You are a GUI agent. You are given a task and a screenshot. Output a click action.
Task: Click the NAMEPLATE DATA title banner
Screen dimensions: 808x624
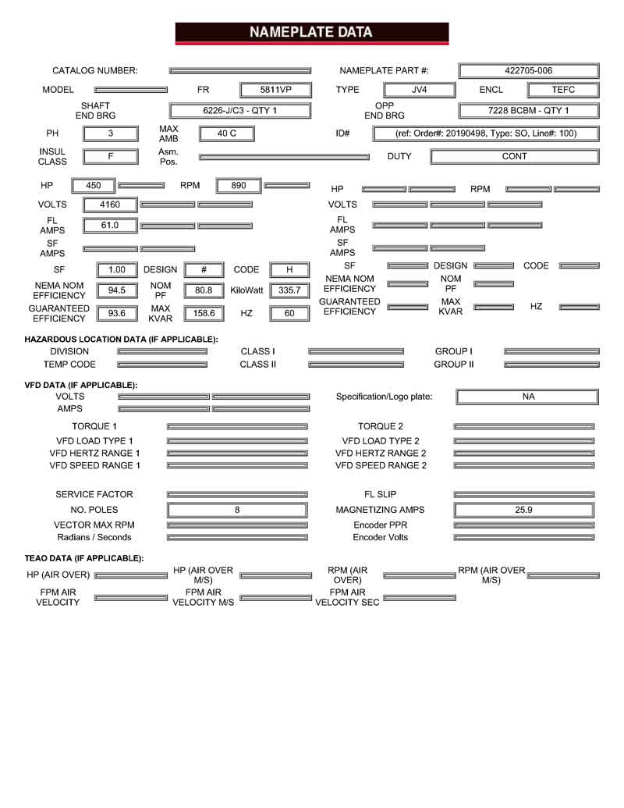pyautogui.click(x=311, y=33)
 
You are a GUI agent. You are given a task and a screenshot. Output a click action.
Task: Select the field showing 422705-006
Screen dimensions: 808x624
pyautogui.click(x=528, y=70)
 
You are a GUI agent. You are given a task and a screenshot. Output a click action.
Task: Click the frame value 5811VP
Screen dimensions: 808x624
pyautogui.click(x=275, y=90)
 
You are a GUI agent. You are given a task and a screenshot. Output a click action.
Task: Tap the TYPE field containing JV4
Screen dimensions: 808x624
pyautogui.click(x=419, y=90)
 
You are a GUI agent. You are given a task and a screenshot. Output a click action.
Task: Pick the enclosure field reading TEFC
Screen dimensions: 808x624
pyautogui.click(x=562, y=90)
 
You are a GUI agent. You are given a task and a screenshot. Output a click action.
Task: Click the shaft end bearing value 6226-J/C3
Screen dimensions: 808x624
pyautogui.click(x=239, y=111)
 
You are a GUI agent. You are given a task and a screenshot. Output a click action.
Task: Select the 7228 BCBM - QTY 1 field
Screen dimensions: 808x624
pyautogui.click(x=528, y=111)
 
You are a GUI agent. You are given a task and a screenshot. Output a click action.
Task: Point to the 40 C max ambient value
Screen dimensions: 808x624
pyautogui.click(x=227, y=133)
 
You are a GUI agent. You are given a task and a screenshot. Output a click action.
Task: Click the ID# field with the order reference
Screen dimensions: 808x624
pyautogui.click(x=486, y=133)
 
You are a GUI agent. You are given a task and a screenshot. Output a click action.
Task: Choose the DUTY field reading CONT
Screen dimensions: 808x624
pyautogui.click(x=514, y=156)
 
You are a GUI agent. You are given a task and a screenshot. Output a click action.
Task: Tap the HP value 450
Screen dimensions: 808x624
pyautogui.click(x=93, y=185)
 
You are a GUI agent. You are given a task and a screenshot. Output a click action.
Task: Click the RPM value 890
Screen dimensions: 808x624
pyautogui.click(x=238, y=185)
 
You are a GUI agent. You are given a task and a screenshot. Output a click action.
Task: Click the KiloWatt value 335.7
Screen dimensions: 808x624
pyautogui.click(x=289, y=290)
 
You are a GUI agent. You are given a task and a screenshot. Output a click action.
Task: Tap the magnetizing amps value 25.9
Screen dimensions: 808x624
pyautogui.click(x=523, y=510)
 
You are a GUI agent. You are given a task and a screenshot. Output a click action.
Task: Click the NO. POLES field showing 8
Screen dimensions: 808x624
pyautogui.click(x=237, y=510)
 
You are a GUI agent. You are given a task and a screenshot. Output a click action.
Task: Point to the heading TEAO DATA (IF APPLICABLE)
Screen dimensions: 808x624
pyautogui.click(x=84, y=558)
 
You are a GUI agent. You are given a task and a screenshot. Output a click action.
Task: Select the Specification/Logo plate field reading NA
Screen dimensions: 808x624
pyautogui.click(x=528, y=397)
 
